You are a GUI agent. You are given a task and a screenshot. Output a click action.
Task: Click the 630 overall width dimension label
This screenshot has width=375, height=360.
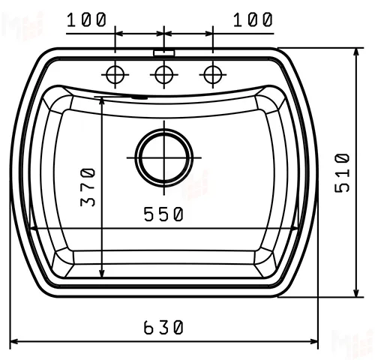[x=163, y=327]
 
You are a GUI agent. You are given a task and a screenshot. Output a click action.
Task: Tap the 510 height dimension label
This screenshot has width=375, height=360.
[x=342, y=173]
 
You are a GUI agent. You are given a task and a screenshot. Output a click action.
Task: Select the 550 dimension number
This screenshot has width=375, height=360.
[x=163, y=214]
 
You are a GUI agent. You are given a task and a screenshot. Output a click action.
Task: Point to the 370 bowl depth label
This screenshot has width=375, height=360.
[x=88, y=187]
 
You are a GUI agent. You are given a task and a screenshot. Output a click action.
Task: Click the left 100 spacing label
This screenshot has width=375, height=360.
[x=86, y=19]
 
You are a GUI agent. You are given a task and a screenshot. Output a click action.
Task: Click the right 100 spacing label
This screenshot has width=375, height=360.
[x=253, y=19]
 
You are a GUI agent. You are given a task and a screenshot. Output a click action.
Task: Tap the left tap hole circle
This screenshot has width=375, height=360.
[x=115, y=74]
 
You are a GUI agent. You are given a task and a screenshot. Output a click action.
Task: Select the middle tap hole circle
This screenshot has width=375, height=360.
[x=164, y=74]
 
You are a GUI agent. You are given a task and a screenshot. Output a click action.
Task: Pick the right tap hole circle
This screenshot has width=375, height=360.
[x=213, y=74]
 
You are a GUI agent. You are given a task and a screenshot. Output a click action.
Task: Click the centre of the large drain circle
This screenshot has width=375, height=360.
[x=164, y=157]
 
